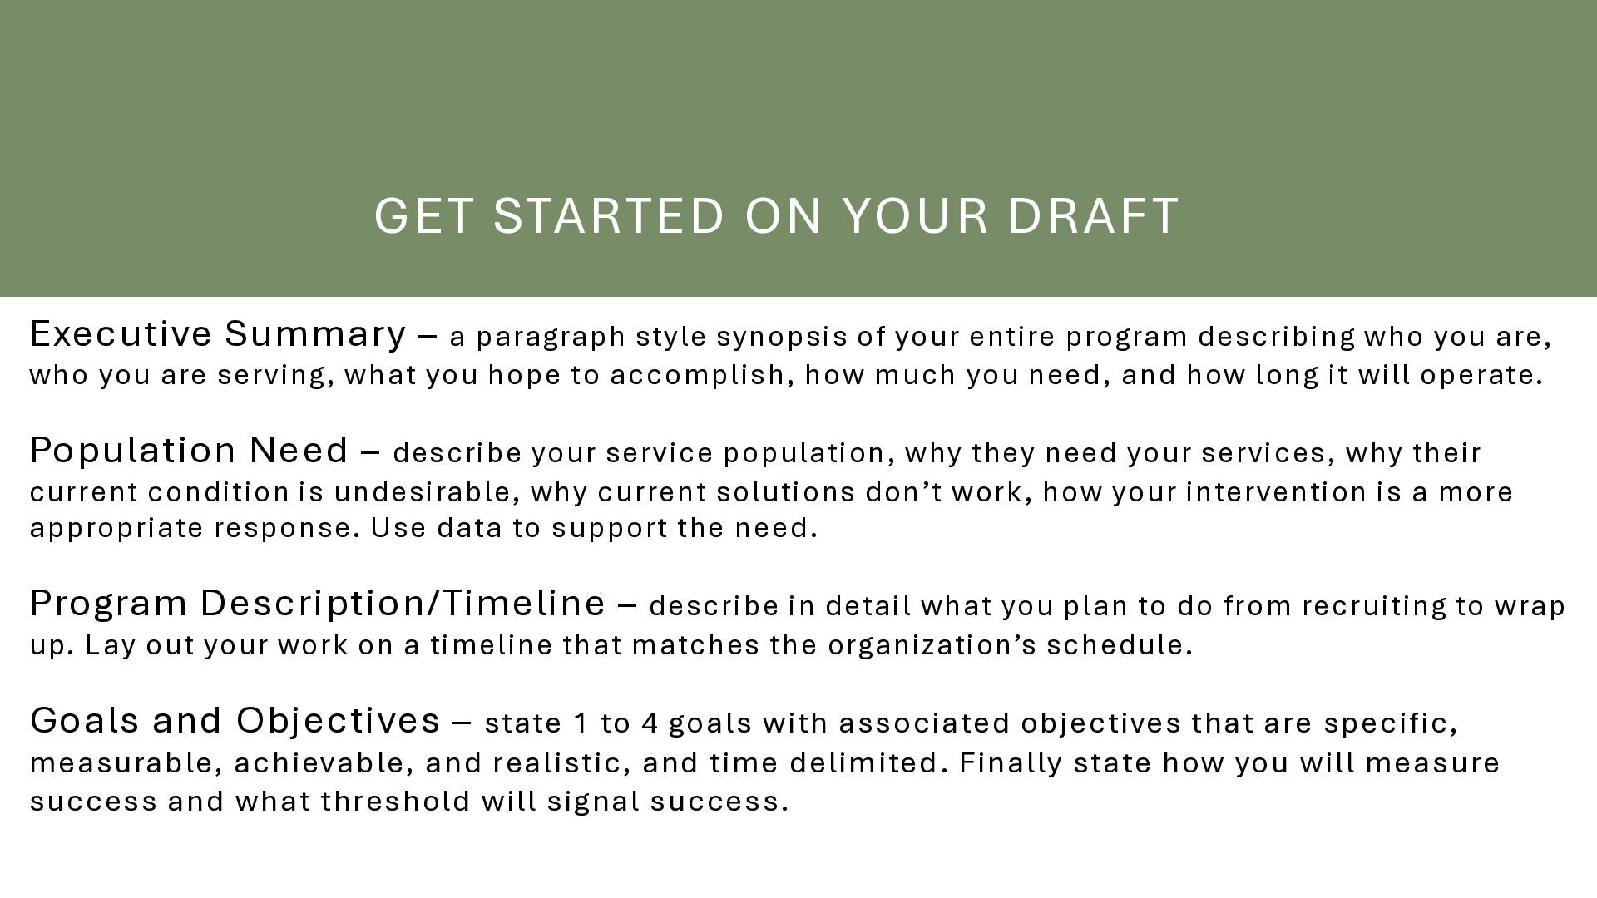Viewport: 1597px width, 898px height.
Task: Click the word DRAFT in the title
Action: (1094, 215)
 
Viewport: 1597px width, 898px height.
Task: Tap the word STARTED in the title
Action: (610, 215)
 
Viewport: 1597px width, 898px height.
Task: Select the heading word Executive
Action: (121, 333)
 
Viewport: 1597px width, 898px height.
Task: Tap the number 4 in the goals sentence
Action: (650, 723)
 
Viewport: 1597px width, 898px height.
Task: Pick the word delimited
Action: (864, 763)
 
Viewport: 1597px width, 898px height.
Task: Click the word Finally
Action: (1011, 764)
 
